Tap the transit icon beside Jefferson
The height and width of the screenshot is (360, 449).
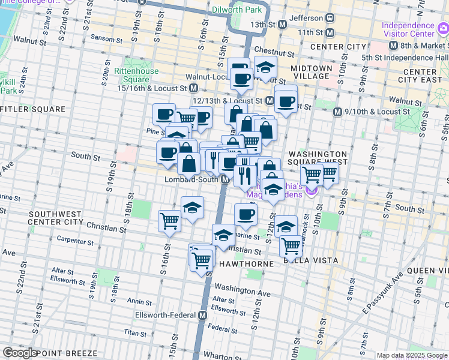tap(330, 19)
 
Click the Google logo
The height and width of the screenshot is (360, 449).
tap(20, 353)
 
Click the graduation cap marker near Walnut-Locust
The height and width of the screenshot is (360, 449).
tap(265, 68)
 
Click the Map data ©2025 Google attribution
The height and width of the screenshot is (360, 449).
tap(412, 355)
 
